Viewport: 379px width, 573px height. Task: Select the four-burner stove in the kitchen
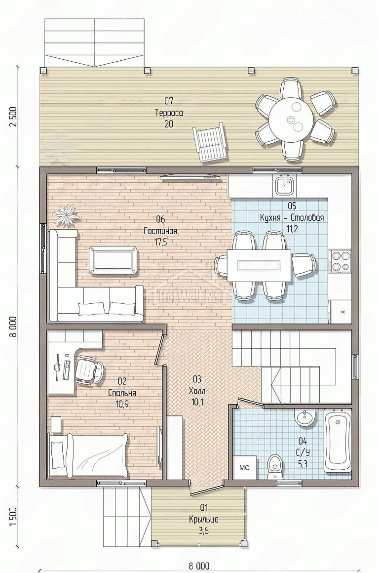pos(340,260)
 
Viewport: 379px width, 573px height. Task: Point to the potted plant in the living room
pos(67,215)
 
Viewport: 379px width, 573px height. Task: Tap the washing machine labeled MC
pos(244,467)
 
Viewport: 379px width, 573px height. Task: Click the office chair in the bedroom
pos(88,369)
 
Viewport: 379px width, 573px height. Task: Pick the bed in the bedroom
pos(88,455)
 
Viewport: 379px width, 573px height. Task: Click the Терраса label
pos(169,113)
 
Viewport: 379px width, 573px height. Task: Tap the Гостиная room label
pos(161,231)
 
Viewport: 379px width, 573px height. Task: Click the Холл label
pos(197,391)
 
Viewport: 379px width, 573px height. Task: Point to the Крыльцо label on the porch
pos(204,519)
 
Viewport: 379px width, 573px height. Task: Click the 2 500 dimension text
pos(13,117)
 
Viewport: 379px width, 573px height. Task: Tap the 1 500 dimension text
pos(13,516)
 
